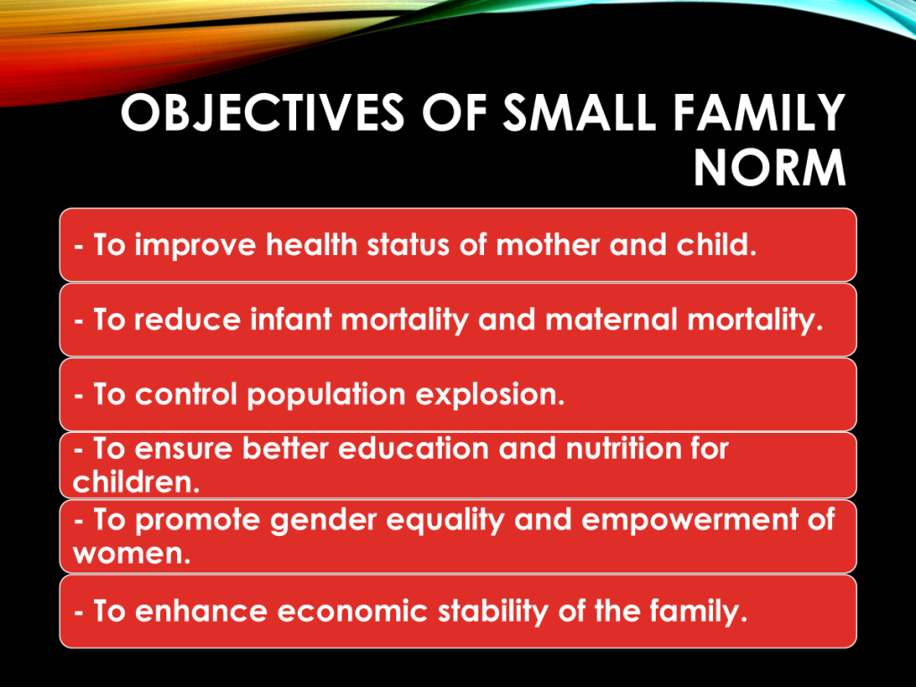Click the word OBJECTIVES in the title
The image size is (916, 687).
(x=262, y=113)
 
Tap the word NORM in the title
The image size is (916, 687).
(x=769, y=168)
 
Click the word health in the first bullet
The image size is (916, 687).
(x=311, y=244)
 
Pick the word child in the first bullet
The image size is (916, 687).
(x=717, y=244)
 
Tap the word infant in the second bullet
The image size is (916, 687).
(x=291, y=319)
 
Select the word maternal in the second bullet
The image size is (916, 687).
(x=611, y=319)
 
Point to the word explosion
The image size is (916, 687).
(x=490, y=394)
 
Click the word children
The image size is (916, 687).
(x=136, y=482)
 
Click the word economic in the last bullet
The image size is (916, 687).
(x=352, y=612)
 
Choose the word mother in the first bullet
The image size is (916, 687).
(x=547, y=244)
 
